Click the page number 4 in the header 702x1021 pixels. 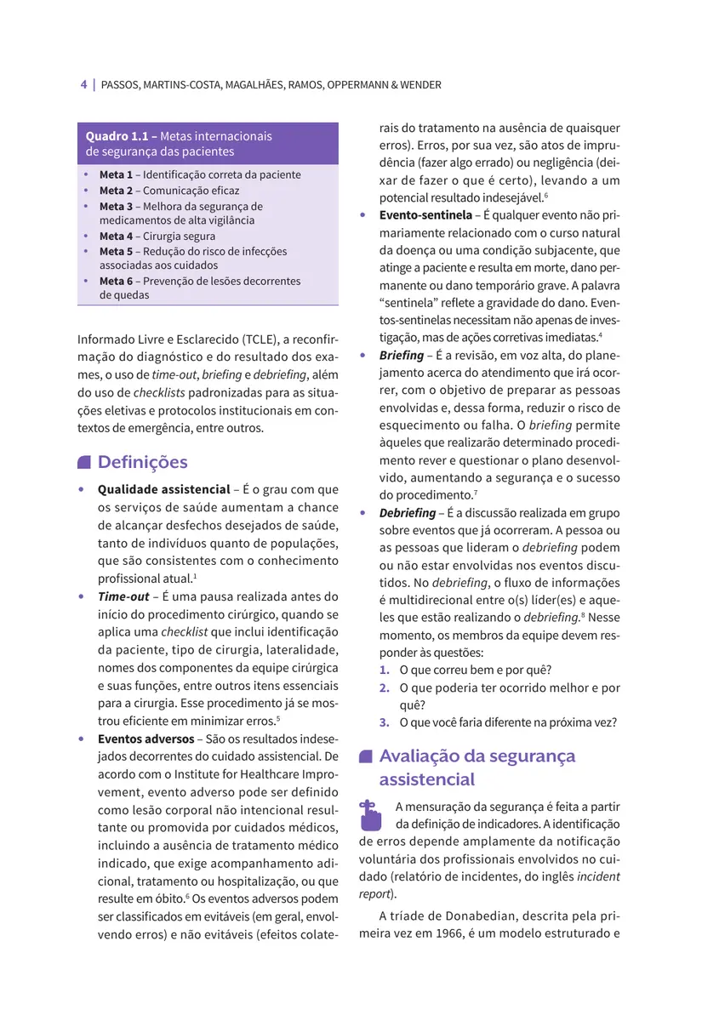pyautogui.click(x=83, y=85)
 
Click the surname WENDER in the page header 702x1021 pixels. pyautogui.click(x=421, y=85)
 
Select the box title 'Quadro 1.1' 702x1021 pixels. pyautogui.click(x=120, y=136)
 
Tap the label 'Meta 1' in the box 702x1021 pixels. pyautogui.click(x=116, y=174)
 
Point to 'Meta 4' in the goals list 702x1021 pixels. pyautogui.click(x=116, y=237)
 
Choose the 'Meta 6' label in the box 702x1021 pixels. pyautogui.click(x=116, y=281)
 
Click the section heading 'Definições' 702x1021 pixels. pyautogui.click(x=142, y=462)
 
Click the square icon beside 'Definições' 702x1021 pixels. pyautogui.click(x=83, y=463)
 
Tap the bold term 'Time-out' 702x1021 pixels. pyautogui.click(x=123, y=596)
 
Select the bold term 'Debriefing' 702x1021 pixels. pyautogui.click(x=408, y=513)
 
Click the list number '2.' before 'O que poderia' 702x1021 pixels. pyautogui.click(x=385, y=687)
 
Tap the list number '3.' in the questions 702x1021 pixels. pyautogui.click(x=385, y=722)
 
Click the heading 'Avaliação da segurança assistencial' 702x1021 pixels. pyautogui.click(x=477, y=767)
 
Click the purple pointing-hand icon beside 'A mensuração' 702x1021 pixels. pyautogui.click(x=368, y=815)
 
